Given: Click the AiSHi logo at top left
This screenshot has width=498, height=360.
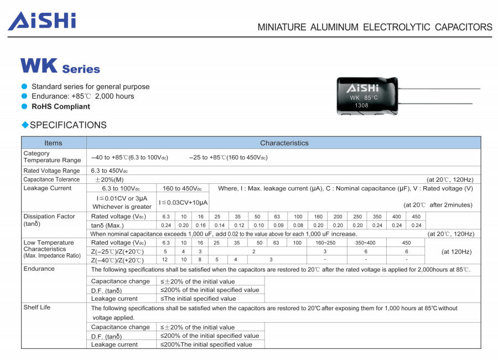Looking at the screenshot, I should (41, 21).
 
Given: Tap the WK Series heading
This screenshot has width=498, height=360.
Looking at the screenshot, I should (60, 67).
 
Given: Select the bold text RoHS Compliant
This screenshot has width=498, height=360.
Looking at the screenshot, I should (60, 106).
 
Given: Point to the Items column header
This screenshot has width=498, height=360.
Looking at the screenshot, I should (54, 143).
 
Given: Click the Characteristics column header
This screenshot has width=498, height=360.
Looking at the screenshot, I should (284, 143).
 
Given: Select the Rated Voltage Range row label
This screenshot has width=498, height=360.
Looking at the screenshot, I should (51, 171).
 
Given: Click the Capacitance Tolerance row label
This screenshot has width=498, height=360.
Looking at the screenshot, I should (51, 179).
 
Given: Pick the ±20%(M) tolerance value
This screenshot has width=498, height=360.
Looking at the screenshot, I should (109, 179).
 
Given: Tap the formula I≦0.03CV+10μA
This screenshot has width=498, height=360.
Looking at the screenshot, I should (184, 203).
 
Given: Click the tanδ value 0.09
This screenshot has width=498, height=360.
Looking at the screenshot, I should (277, 225).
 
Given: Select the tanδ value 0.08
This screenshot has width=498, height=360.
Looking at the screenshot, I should (298, 225).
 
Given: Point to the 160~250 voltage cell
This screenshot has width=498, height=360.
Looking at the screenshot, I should (324, 243).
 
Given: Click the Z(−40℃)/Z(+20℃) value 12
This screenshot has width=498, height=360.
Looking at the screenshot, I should (165, 260).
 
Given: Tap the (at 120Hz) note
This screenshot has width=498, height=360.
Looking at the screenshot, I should (456, 251).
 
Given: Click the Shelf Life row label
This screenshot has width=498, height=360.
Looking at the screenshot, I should (37, 307).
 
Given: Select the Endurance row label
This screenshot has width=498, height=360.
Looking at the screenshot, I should (39, 269).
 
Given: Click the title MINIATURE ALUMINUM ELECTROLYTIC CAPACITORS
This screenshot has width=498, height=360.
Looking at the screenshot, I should (375, 27).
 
